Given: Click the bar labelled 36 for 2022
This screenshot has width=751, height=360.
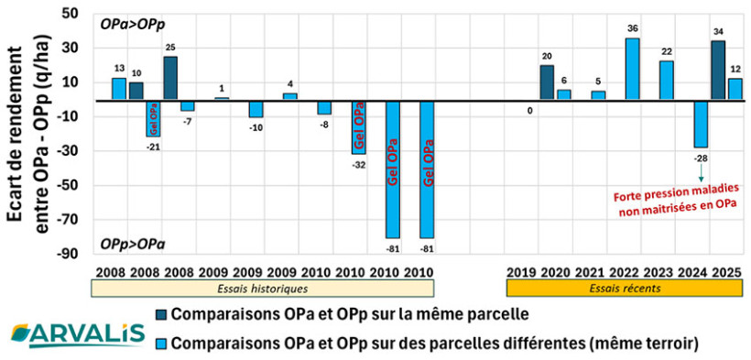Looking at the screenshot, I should [632, 69].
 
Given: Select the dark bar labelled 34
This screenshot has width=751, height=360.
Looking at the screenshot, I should [718, 71].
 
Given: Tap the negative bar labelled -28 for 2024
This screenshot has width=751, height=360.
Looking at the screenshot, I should [701, 124].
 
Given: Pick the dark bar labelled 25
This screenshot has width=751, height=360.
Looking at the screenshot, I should [170, 78].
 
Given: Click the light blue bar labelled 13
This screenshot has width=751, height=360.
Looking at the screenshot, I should [119, 89].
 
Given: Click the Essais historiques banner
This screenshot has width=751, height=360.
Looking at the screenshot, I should [262, 288].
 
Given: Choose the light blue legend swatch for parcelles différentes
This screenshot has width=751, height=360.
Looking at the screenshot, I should [162, 344].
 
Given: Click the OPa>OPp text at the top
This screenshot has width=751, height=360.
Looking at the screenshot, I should [126, 22].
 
